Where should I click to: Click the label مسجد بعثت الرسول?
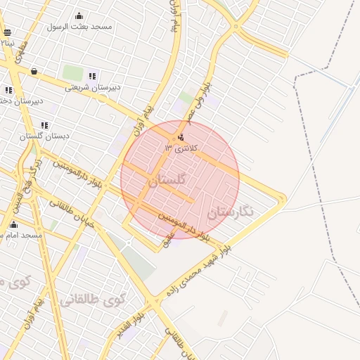pyautogui.click(x=79, y=27)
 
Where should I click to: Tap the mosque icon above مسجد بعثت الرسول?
pyautogui.click(x=79, y=16)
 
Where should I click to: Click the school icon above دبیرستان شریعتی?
pyautogui.click(x=92, y=76)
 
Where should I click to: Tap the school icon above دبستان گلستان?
pyautogui.click(x=44, y=126)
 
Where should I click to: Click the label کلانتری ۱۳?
pyautogui.click(x=181, y=148)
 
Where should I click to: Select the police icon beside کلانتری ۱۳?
pyautogui.click(x=182, y=137)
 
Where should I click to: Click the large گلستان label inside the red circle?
pyautogui.click(x=167, y=181)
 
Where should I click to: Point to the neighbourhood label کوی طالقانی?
pyautogui.click(x=92, y=300)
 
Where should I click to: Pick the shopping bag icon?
pyautogui.click(x=34, y=71)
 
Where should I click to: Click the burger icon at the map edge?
pyautogui.click(x=7, y=32)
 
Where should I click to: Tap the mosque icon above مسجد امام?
pyautogui.click(x=13, y=225)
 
